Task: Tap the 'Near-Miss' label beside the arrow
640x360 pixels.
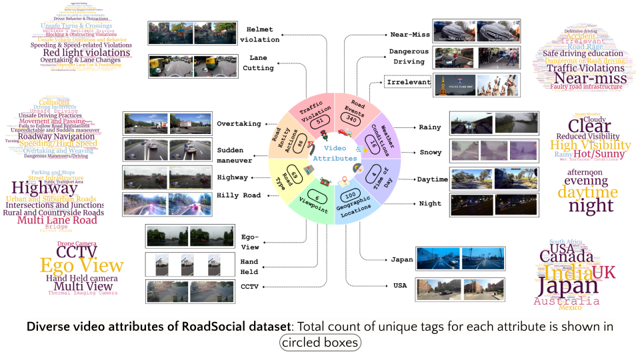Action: coord(409,34)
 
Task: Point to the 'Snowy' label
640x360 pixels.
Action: coord(430,153)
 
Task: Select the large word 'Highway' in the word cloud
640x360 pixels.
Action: coord(45,188)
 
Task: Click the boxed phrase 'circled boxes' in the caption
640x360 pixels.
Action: coord(320,343)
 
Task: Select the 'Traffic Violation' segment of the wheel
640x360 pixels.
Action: coord(313,111)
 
